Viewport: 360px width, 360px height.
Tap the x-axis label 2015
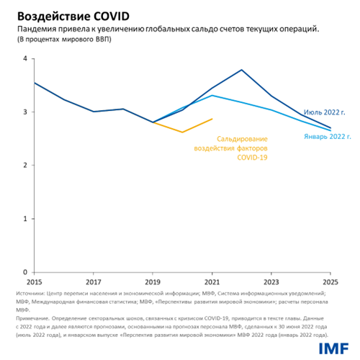tap(34, 282)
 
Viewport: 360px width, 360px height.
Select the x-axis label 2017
tap(93, 282)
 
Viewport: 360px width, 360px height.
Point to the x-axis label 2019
tap(152, 282)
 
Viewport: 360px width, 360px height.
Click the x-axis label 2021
tap(211, 282)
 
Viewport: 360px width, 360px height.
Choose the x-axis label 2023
tap(270, 282)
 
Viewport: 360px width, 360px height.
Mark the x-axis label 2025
tap(329, 282)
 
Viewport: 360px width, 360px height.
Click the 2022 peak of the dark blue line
tap(241, 70)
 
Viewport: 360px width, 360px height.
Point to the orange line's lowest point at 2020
tap(182, 132)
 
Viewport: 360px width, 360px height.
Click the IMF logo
tap(332, 347)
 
